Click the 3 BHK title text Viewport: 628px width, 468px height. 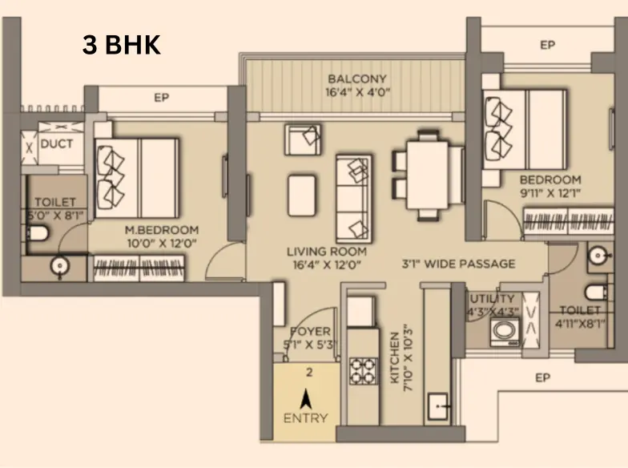(122, 45)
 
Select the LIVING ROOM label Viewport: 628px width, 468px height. (327, 252)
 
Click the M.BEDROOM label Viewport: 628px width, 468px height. (162, 230)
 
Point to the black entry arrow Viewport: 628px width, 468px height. (306, 398)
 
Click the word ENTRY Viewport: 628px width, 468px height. (306, 418)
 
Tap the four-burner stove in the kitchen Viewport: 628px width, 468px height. (364, 370)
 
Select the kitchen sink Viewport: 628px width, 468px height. (438, 406)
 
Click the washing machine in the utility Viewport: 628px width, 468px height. (505, 332)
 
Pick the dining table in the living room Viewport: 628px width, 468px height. (428, 175)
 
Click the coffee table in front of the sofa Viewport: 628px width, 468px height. (301, 196)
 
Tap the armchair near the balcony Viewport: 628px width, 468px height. (303, 139)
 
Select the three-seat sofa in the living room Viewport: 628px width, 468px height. (354, 199)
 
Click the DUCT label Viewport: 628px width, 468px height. (57, 143)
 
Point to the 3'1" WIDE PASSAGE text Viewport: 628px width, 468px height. (458, 264)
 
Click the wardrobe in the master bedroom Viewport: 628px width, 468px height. (139, 268)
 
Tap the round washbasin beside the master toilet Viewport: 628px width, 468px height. (60, 266)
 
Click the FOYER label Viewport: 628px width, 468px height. (311, 332)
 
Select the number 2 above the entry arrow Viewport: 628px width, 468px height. (309, 373)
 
